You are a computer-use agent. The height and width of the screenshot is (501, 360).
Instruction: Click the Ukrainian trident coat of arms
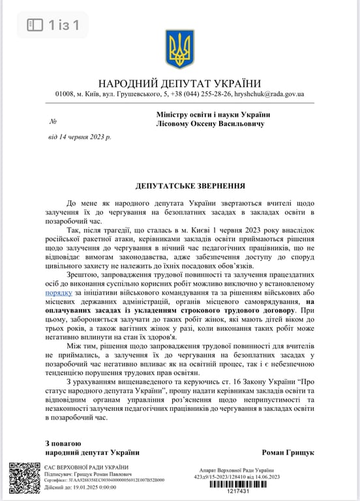click(179, 49)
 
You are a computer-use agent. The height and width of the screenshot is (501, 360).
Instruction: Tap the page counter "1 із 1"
click(63, 25)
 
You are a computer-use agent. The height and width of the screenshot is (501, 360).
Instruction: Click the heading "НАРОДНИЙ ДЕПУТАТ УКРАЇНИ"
click(179, 83)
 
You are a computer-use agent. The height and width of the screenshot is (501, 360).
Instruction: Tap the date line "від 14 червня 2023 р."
click(80, 137)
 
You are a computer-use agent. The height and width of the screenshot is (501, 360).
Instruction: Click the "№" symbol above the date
click(53, 122)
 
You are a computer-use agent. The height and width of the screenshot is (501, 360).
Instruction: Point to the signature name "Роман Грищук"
click(288, 452)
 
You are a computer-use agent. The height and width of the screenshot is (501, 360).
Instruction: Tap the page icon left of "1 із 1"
click(34, 25)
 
